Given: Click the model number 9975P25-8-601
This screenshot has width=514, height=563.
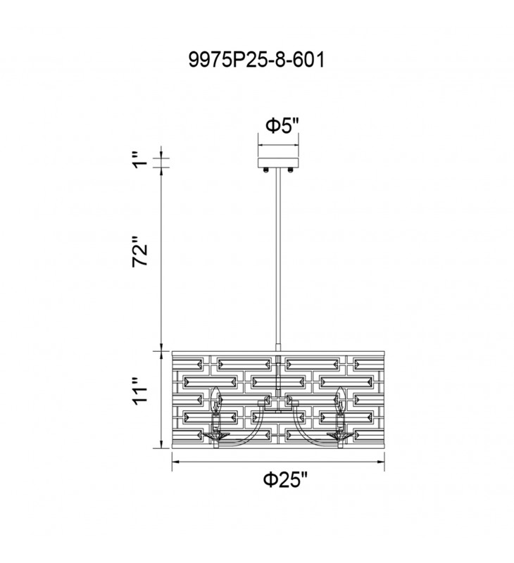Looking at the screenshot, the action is click(x=256, y=60).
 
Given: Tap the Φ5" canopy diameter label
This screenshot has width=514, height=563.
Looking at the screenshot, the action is click(x=282, y=126).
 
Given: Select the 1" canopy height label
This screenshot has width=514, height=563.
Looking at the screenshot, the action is click(x=139, y=160).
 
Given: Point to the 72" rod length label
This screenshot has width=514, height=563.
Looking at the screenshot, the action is click(x=140, y=251).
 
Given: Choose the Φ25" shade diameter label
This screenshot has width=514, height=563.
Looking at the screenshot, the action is click(x=286, y=479).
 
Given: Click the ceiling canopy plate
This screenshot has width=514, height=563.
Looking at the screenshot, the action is click(x=278, y=162).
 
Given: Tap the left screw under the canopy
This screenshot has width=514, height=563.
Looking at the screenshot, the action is click(x=266, y=170).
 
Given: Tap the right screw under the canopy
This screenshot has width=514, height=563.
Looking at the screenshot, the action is click(x=291, y=170).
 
